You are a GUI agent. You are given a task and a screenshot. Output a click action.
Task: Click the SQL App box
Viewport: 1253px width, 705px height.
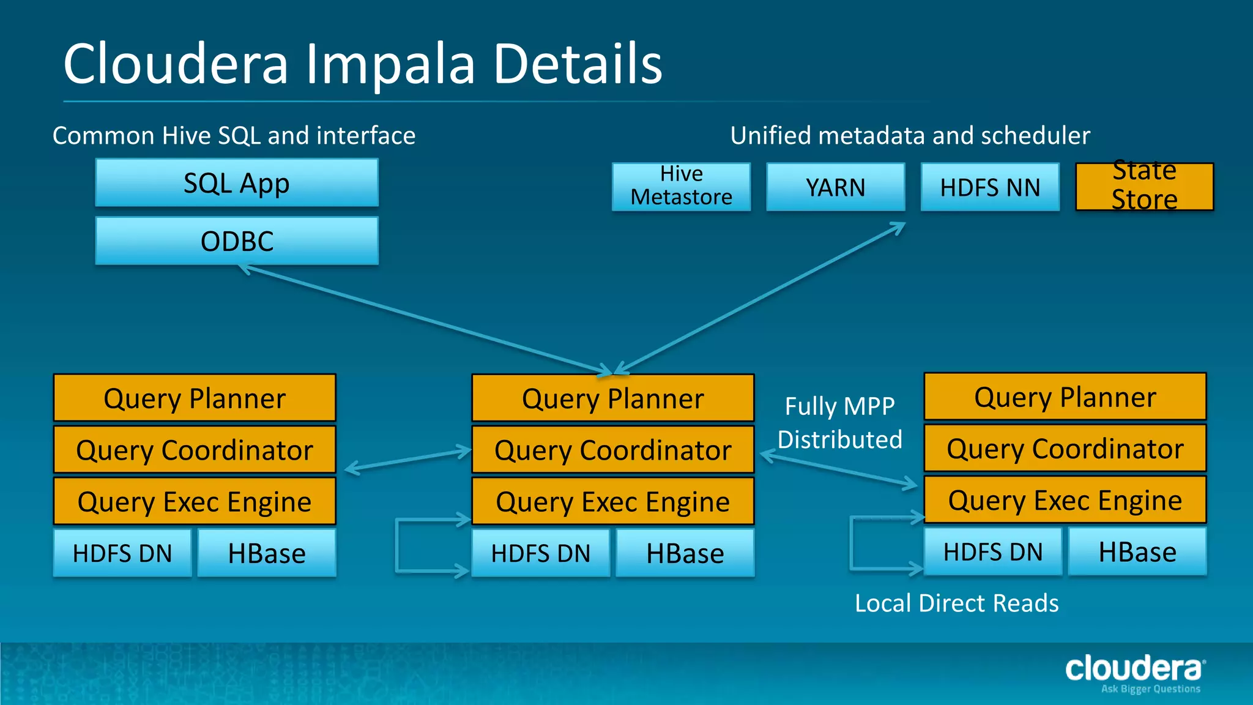tap(237, 183)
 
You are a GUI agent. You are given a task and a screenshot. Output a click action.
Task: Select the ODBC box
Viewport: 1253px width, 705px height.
tap(237, 241)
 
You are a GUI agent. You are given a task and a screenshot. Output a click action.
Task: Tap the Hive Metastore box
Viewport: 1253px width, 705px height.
tap(681, 186)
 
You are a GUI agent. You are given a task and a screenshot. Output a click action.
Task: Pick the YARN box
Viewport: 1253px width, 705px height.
tap(835, 187)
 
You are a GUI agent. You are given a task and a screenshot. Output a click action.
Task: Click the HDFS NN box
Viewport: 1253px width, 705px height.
tap(989, 187)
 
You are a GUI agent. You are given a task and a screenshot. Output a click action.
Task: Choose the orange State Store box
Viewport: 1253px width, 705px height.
tap(1144, 186)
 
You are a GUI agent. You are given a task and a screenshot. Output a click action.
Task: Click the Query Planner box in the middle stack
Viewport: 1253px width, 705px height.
tap(612, 398)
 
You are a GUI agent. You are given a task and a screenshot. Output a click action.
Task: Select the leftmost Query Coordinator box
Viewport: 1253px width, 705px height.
tap(195, 450)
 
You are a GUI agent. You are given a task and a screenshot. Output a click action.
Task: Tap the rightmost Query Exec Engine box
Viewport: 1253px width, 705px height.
tap(1065, 501)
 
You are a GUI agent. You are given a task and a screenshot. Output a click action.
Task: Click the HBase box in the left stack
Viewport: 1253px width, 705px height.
tap(267, 553)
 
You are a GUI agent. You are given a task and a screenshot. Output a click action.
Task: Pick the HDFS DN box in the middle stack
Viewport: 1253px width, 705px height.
tap(541, 553)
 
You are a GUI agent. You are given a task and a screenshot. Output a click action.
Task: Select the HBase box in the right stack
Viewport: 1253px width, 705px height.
tap(1137, 552)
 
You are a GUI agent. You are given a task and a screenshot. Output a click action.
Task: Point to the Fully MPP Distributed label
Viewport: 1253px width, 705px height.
tap(839, 423)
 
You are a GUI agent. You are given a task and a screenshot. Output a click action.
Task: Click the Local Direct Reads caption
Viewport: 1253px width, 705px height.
tap(956, 603)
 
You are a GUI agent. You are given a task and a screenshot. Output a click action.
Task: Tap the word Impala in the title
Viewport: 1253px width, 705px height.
tap(390, 64)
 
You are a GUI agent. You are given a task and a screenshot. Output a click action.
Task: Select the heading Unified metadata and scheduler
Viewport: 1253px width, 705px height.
tap(910, 135)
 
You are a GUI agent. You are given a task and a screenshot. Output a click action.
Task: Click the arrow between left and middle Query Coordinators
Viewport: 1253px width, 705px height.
tap(407, 460)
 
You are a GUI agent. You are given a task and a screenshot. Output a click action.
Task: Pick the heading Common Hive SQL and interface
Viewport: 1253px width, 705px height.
tap(234, 135)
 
